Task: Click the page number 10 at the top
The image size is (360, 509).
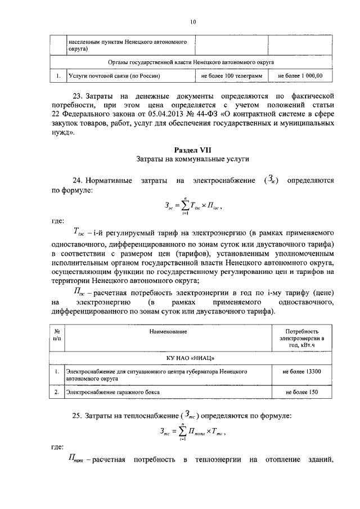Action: (x=192, y=22)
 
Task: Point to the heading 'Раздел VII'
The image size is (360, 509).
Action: (x=192, y=150)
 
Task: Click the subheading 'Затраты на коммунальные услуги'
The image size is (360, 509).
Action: (x=192, y=160)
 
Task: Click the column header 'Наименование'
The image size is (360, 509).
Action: (x=168, y=332)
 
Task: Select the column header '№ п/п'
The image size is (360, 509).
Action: (x=57, y=336)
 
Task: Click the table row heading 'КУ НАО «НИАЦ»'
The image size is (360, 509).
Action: (x=192, y=358)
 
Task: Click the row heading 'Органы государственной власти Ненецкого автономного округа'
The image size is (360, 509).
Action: (x=192, y=62)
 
